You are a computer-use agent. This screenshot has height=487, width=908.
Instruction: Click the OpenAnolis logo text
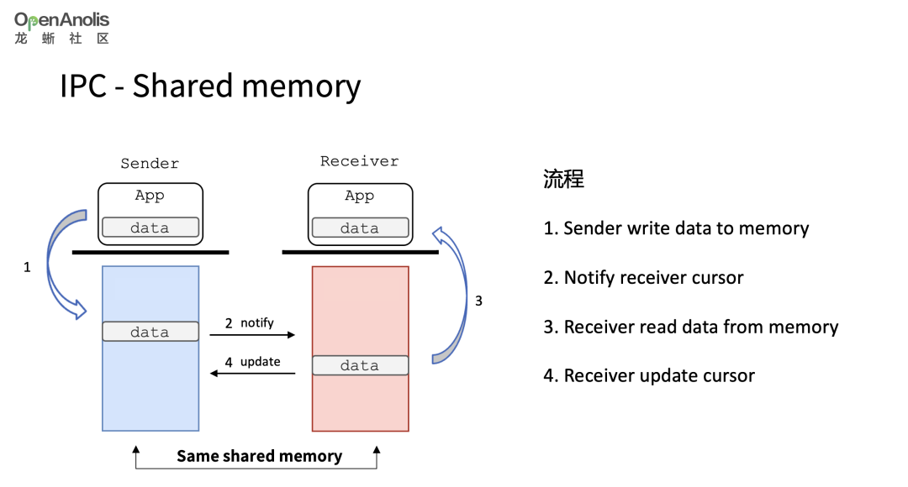pyautogui.click(x=62, y=20)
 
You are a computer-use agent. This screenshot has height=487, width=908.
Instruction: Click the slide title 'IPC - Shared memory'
pyautogui.click(x=210, y=86)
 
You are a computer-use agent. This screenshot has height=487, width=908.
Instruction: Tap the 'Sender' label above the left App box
pyautogui.click(x=150, y=164)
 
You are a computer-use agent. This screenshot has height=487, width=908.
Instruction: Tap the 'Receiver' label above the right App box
pyautogui.click(x=359, y=161)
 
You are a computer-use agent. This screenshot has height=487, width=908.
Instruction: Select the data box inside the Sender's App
pyautogui.click(x=150, y=228)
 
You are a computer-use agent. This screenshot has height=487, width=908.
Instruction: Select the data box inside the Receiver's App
pyautogui.click(x=360, y=228)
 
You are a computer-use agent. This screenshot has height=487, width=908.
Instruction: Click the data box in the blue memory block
pyautogui.click(x=150, y=332)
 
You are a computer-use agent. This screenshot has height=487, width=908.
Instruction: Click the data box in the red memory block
pyautogui.click(x=360, y=365)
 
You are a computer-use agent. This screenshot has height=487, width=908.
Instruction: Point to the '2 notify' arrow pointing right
pyautogui.click(x=252, y=335)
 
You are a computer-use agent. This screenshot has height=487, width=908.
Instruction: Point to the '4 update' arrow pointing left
pyautogui.click(x=252, y=374)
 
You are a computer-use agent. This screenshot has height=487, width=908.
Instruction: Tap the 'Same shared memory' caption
pyautogui.click(x=260, y=456)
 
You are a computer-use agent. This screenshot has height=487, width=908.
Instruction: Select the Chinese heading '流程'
pyautogui.click(x=563, y=179)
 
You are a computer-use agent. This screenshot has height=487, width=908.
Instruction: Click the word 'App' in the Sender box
pyautogui.click(x=150, y=196)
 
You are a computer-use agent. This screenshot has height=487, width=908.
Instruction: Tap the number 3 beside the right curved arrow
pyautogui.click(x=478, y=301)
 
